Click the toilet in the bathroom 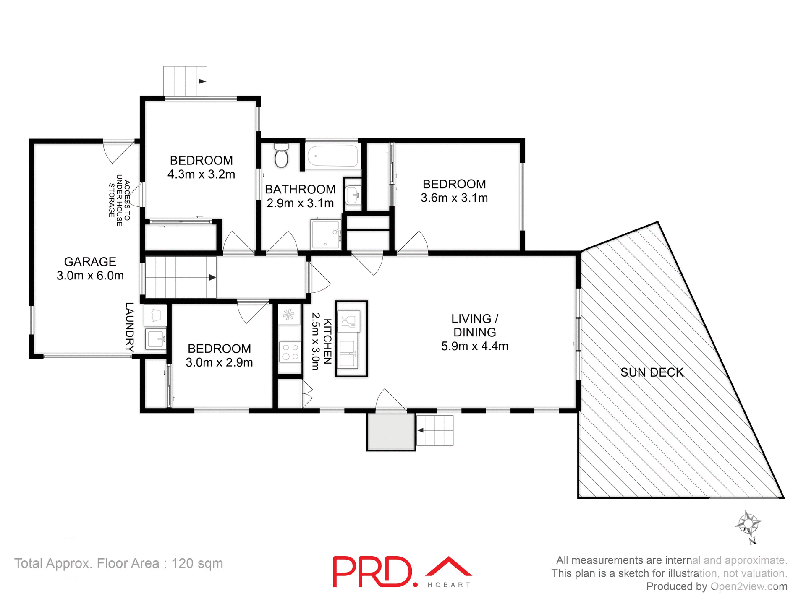point(281,156)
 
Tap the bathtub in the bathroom point(332,156)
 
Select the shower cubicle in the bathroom point(326,234)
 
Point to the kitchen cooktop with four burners point(290,351)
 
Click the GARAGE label point(90,262)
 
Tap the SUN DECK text point(652,372)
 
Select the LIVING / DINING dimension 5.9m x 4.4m point(474,346)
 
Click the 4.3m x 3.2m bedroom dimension point(201,174)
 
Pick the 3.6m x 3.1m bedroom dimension point(454,198)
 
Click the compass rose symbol point(748,524)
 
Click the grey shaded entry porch point(391,432)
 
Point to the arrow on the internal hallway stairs point(212,277)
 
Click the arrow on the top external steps point(202,81)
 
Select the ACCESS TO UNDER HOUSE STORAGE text point(119,200)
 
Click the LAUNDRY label point(130,327)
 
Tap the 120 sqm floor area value point(197,563)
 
